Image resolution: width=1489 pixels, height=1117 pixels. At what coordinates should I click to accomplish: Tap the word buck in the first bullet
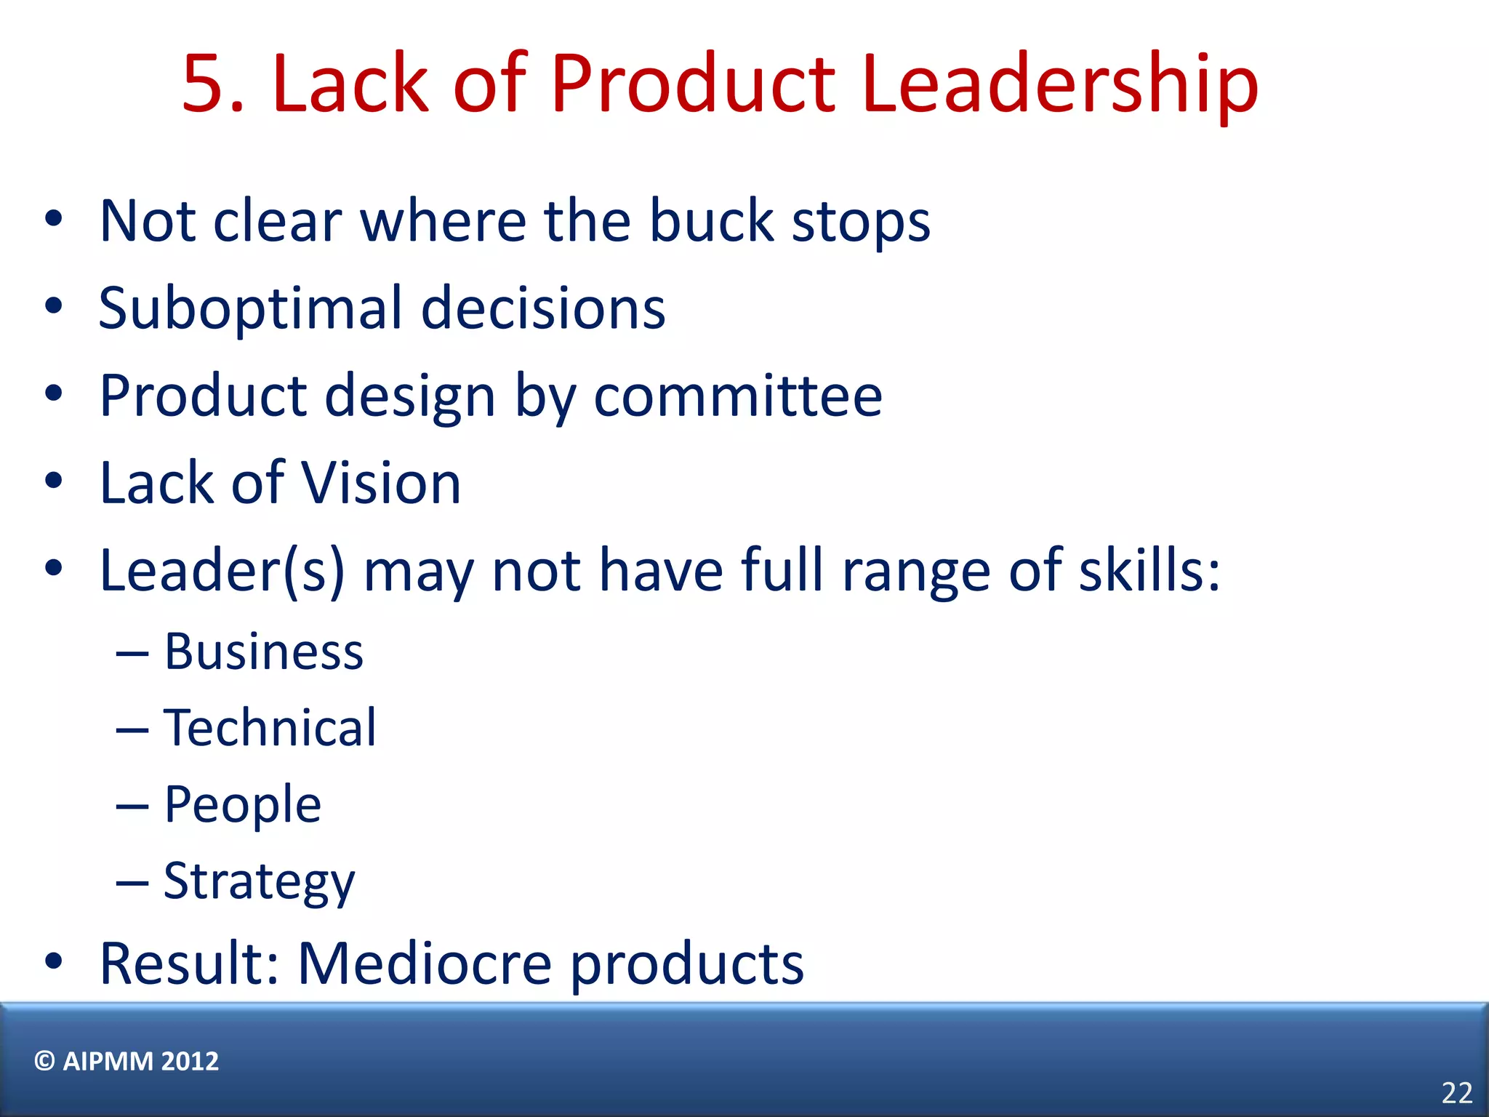pyautogui.click(x=711, y=221)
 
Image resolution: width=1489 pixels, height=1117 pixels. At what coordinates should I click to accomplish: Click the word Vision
pyautogui.click(x=380, y=484)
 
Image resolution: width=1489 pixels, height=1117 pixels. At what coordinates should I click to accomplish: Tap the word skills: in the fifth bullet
pyautogui.click(x=1149, y=571)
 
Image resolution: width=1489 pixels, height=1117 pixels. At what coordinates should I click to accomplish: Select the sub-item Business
pyautogui.click(x=263, y=652)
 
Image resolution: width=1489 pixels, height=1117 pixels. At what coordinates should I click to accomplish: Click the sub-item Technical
pyautogui.click(x=270, y=728)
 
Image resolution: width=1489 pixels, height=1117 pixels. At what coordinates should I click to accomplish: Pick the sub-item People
pyautogui.click(x=242, y=805)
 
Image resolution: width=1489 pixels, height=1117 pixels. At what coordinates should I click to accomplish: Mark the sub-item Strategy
pyautogui.click(x=259, y=882)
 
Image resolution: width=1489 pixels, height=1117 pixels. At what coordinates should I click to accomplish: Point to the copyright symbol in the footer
pyautogui.click(x=44, y=1061)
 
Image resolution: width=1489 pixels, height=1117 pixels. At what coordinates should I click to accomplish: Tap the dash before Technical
pyautogui.click(x=132, y=729)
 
